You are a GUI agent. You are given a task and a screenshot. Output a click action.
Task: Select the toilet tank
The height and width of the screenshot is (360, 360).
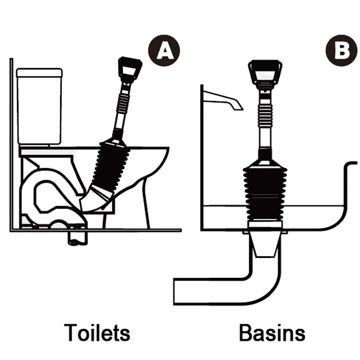click(x=40, y=106)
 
